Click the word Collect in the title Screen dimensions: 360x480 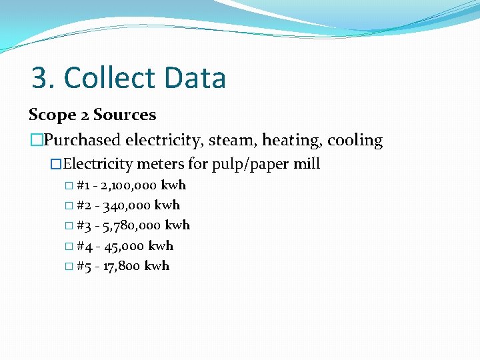click(101, 78)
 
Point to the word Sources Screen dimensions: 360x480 click(125, 115)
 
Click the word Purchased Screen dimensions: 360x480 click(82, 141)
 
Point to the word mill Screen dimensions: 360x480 click(308, 163)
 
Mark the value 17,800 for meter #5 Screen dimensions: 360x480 click(121, 266)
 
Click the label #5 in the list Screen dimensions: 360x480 click(85, 266)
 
